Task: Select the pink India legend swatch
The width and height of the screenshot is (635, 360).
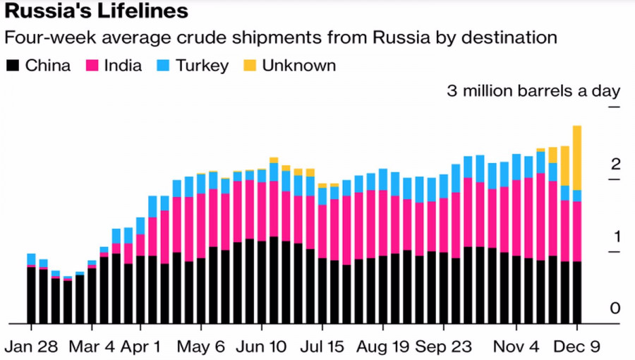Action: point(92,66)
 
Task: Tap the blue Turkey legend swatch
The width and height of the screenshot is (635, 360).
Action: point(164,66)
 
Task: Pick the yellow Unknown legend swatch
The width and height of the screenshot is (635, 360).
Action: point(249,66)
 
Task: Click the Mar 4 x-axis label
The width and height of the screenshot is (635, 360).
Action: point(92,347)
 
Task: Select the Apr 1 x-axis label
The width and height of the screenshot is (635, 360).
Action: point(141,347)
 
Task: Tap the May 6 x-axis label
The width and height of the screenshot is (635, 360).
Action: point(202,347)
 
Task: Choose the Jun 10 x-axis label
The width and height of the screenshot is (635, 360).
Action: point(262,347)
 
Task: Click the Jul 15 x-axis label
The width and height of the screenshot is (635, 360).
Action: point(322,347)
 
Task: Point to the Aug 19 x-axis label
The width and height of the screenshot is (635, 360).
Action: point(383,347)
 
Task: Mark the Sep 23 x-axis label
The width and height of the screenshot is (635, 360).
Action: point(444,347)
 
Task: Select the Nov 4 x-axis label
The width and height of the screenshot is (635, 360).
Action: point(516,347)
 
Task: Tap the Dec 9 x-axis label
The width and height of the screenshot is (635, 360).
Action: point(577,347)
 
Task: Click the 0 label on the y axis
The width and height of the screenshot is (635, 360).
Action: point(615,308)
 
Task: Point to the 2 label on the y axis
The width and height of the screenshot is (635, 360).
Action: point(615,164)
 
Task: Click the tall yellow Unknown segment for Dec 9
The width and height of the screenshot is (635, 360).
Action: point(577,157)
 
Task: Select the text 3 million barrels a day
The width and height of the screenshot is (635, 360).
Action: point(533,90)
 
